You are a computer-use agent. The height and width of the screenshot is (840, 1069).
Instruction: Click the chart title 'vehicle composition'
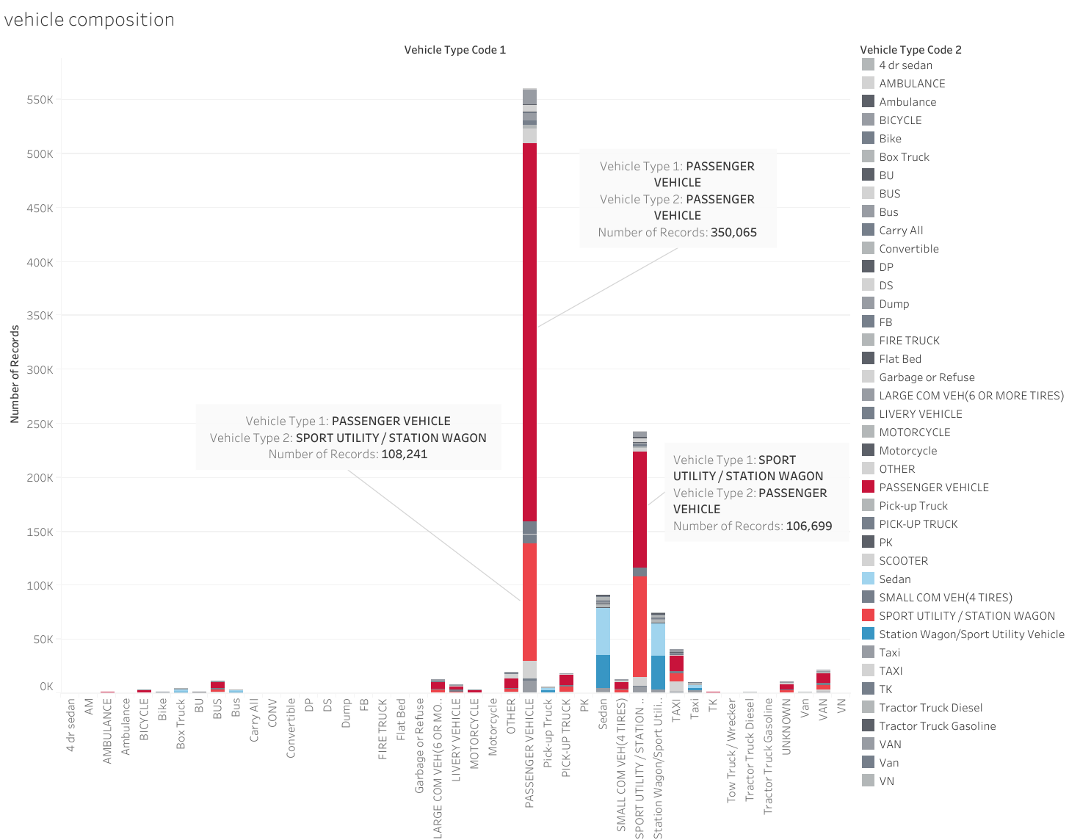pyautogui.click(x=90, y=20)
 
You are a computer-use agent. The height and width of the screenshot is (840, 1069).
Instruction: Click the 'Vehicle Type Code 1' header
pyautogui.click(x=454, y=50)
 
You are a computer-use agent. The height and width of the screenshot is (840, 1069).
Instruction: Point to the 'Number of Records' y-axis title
pyautogui.click(x=15, y=374)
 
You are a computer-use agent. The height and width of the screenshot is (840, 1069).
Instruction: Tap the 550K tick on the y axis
pyautogui.click(x=40, y=100)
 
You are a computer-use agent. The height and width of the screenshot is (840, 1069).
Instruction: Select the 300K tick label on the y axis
pyautogui.click(x=40, y=370)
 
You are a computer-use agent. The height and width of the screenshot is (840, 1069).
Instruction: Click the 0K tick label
pyautogui.click(x=46, y=687)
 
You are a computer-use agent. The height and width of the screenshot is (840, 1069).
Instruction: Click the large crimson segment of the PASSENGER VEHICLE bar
pyautogui.click(x=529, y=330)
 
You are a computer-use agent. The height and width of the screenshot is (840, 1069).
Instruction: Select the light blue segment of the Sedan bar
pyautogui.click(x=603, y=631)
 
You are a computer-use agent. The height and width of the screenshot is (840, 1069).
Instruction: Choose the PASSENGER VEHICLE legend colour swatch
pyautogui.click(x=868, y=487)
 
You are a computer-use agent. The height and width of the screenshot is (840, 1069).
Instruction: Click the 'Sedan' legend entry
pyautogui.click(x=894, y=579)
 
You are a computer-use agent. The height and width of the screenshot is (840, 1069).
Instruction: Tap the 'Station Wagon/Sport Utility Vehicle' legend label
pyautogui.click(x=971, y=634)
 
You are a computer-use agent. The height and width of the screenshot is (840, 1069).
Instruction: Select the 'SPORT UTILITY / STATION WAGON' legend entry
pyautogui.click(x=966, y=616)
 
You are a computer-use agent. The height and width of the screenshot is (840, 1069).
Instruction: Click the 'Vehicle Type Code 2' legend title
pyautogui.click(x=910, y=50)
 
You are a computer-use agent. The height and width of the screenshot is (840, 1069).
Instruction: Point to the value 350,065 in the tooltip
pyautogui.click(x=733, y=233)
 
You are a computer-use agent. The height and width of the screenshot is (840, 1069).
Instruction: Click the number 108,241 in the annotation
pyautogui.click(x=404, y=455)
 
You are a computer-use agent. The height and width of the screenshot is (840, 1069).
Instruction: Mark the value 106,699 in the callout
pyautogui.click(x=808, y=526)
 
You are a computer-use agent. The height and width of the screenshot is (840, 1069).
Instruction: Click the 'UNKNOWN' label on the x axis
pyautogui.click(x=786, y=726)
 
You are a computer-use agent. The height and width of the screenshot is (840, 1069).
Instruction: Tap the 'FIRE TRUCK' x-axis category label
pyautogui.click(x=383, y=729)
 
